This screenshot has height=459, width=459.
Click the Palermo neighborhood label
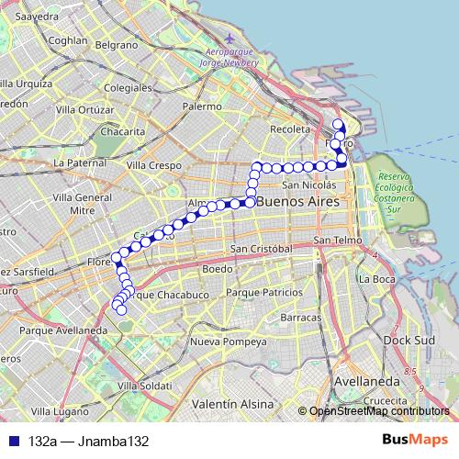pos(202,106)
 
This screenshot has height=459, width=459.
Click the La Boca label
pos(376,279)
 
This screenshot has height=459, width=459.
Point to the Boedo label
pos(217,269)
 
